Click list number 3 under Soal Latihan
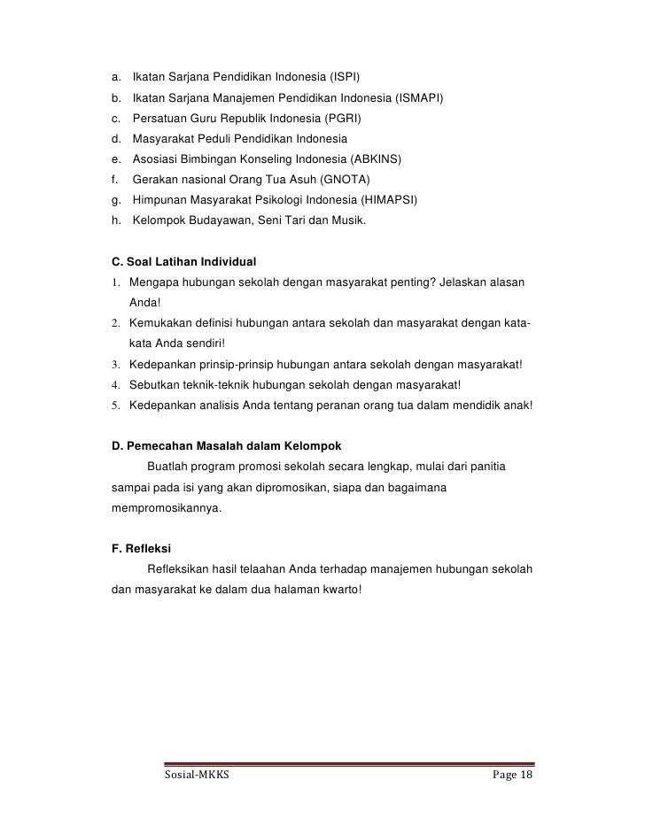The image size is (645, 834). click(115, 365)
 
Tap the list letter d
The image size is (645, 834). click(116, 139)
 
